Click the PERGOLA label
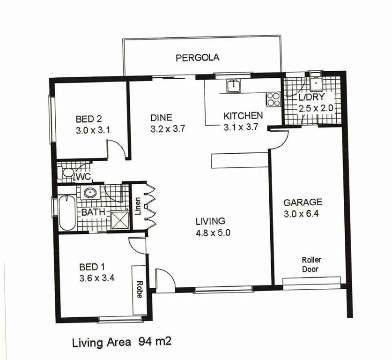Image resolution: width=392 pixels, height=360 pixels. pyautogui.click(x=197, y=58)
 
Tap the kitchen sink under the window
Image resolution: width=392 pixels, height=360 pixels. pyautogui.click(x=233, y=86)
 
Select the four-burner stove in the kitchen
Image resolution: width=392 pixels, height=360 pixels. pyautogui.click(x=273, y=99)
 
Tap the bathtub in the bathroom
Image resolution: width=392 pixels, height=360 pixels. pyautogui.click(x=67, y=213)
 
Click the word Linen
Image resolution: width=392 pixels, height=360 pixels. pyautogui.click(x=137, y=206)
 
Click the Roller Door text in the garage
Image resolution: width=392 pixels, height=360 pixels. pyautogui.click(x=311, y=264)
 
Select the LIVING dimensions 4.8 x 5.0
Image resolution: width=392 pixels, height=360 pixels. pyautogui.click(x=210, y=232)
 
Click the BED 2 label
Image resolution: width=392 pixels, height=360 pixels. pyautogui.click(x=89, y=119)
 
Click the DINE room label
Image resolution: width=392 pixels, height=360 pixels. pyautogui.click(x=161, y=118)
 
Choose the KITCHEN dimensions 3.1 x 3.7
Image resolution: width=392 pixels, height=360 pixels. pyautogui.click(x=242, y=127)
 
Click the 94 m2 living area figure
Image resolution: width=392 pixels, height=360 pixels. pyautogui.click(x=155, y=342)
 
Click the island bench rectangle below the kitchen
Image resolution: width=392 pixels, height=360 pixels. pyautogui.click(x=239, y=160)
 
